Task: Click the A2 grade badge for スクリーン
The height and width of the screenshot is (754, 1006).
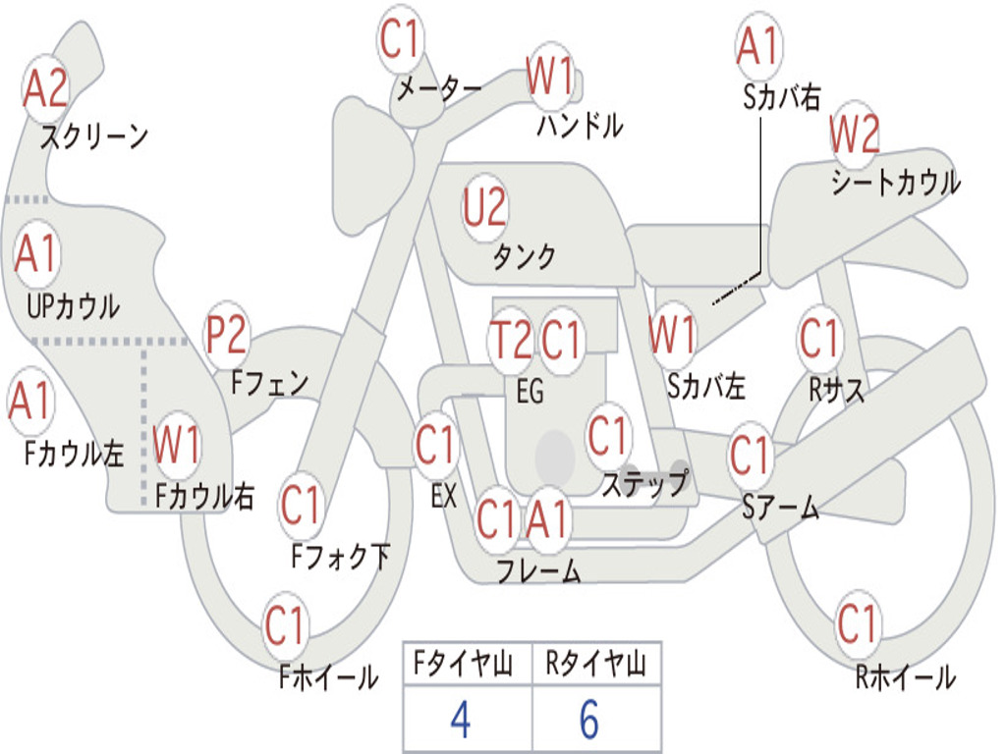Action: [x=45, y=89]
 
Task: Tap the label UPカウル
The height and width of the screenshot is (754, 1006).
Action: [x=73, y=305]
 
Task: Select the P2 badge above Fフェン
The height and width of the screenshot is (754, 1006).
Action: [x=226, y=336]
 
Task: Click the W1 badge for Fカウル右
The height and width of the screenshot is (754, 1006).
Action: [x=177, y=446]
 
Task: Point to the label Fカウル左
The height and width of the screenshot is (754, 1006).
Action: [x=75, y=454]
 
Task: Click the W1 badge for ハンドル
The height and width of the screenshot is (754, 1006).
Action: [x=549, y=76]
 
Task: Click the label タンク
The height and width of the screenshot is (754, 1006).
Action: [x=524, y=257]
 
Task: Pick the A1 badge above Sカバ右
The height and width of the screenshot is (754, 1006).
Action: [x=757, y=46]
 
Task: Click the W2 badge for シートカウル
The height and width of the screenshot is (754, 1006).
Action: [x=854, y=135]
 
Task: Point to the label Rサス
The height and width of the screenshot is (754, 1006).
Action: [x=837, y=390]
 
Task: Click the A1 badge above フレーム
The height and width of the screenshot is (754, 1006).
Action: [x=548, y=519]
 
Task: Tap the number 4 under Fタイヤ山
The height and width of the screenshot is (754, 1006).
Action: [x=461, y=721]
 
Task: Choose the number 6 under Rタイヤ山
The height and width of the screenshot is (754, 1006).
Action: [x=588, y=721]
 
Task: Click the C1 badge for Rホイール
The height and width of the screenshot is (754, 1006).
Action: [x=857, y=622]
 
